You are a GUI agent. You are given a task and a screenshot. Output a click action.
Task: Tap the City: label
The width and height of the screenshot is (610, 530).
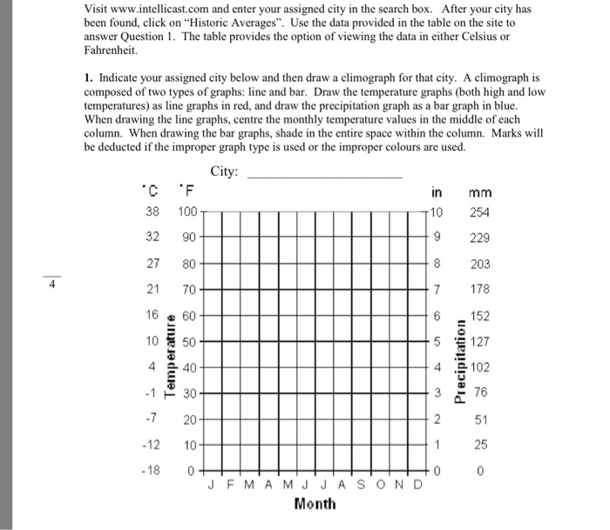[225, 171]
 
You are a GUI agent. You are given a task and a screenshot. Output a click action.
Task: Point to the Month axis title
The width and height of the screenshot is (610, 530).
[315, 503]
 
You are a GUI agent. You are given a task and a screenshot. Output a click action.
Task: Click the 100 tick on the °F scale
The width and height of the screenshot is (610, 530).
[187, 212]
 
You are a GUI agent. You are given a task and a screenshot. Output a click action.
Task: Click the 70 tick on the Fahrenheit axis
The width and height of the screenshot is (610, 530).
[190, 289]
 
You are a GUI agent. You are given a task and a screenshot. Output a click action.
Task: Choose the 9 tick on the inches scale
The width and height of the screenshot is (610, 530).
[437, 238]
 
